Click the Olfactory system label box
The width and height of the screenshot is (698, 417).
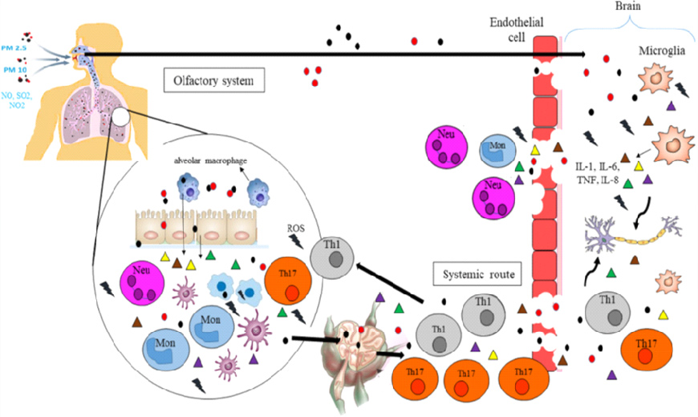[213, 80]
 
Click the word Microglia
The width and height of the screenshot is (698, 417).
[663, 51]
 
